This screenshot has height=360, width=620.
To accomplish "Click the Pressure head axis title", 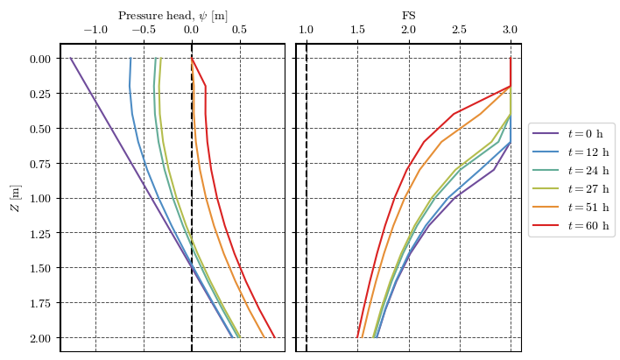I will pos(173,15).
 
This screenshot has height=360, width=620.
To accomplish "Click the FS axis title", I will pos(409,15).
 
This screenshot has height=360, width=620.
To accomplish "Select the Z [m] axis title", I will pos(15,198).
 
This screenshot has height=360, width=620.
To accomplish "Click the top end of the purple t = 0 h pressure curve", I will pos(71,59).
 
